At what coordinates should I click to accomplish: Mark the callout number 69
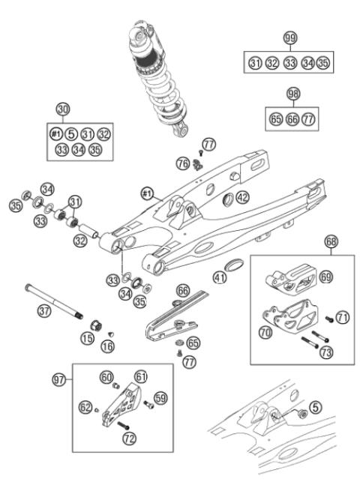[325, 277]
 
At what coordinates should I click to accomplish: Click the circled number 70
[265, 330]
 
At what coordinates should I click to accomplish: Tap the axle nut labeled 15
[97, 325]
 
